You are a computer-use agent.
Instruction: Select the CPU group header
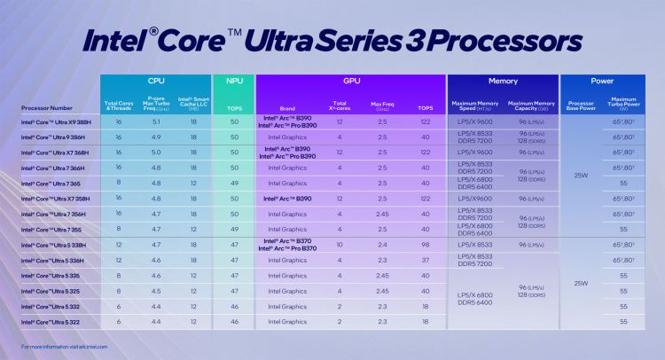click(156, 81)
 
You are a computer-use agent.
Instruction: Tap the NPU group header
click(234, 81)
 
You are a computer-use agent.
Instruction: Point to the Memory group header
click(502, 81)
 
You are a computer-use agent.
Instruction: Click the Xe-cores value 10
click(339, 244)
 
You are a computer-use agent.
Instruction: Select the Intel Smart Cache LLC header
click(193, 104)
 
